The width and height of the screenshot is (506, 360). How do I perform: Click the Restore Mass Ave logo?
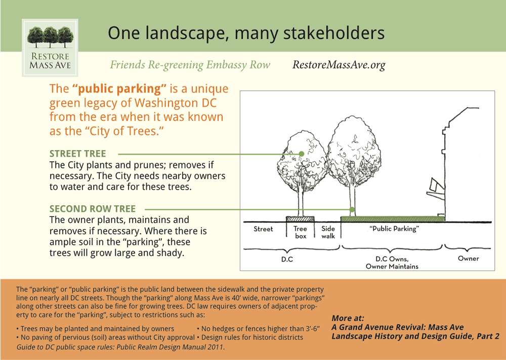pos(50,48)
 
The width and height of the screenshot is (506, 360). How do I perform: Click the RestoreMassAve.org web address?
pos(339,65)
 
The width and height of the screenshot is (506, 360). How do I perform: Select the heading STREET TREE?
pos(77,154)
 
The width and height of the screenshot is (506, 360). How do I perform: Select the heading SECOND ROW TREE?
pos(93,209)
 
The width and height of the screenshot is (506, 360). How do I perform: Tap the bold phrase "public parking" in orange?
pos(119,89)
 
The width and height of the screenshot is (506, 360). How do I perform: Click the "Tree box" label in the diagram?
pos(301,233)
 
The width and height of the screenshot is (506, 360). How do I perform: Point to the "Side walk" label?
pos(328,233)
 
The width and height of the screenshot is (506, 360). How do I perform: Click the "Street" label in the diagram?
pos(263,229)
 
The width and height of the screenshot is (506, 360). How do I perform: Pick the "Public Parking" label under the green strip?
pos(395,229)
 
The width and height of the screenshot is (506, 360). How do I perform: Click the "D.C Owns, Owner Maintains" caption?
pos(392,262)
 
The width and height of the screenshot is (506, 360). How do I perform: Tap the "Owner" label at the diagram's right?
pos(468,258)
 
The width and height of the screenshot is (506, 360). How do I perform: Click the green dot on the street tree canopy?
pos(301,154)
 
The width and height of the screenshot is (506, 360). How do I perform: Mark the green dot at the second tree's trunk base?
pos(352,209)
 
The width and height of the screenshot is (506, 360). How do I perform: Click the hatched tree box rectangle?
pos(300,219)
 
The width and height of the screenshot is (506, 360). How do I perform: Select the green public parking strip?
pos(393,219)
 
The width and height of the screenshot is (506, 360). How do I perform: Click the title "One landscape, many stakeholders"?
pos(246,33)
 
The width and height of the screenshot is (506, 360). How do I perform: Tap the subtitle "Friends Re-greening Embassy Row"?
pos(190,65)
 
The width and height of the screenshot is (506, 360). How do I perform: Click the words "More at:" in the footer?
pos(348,319)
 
